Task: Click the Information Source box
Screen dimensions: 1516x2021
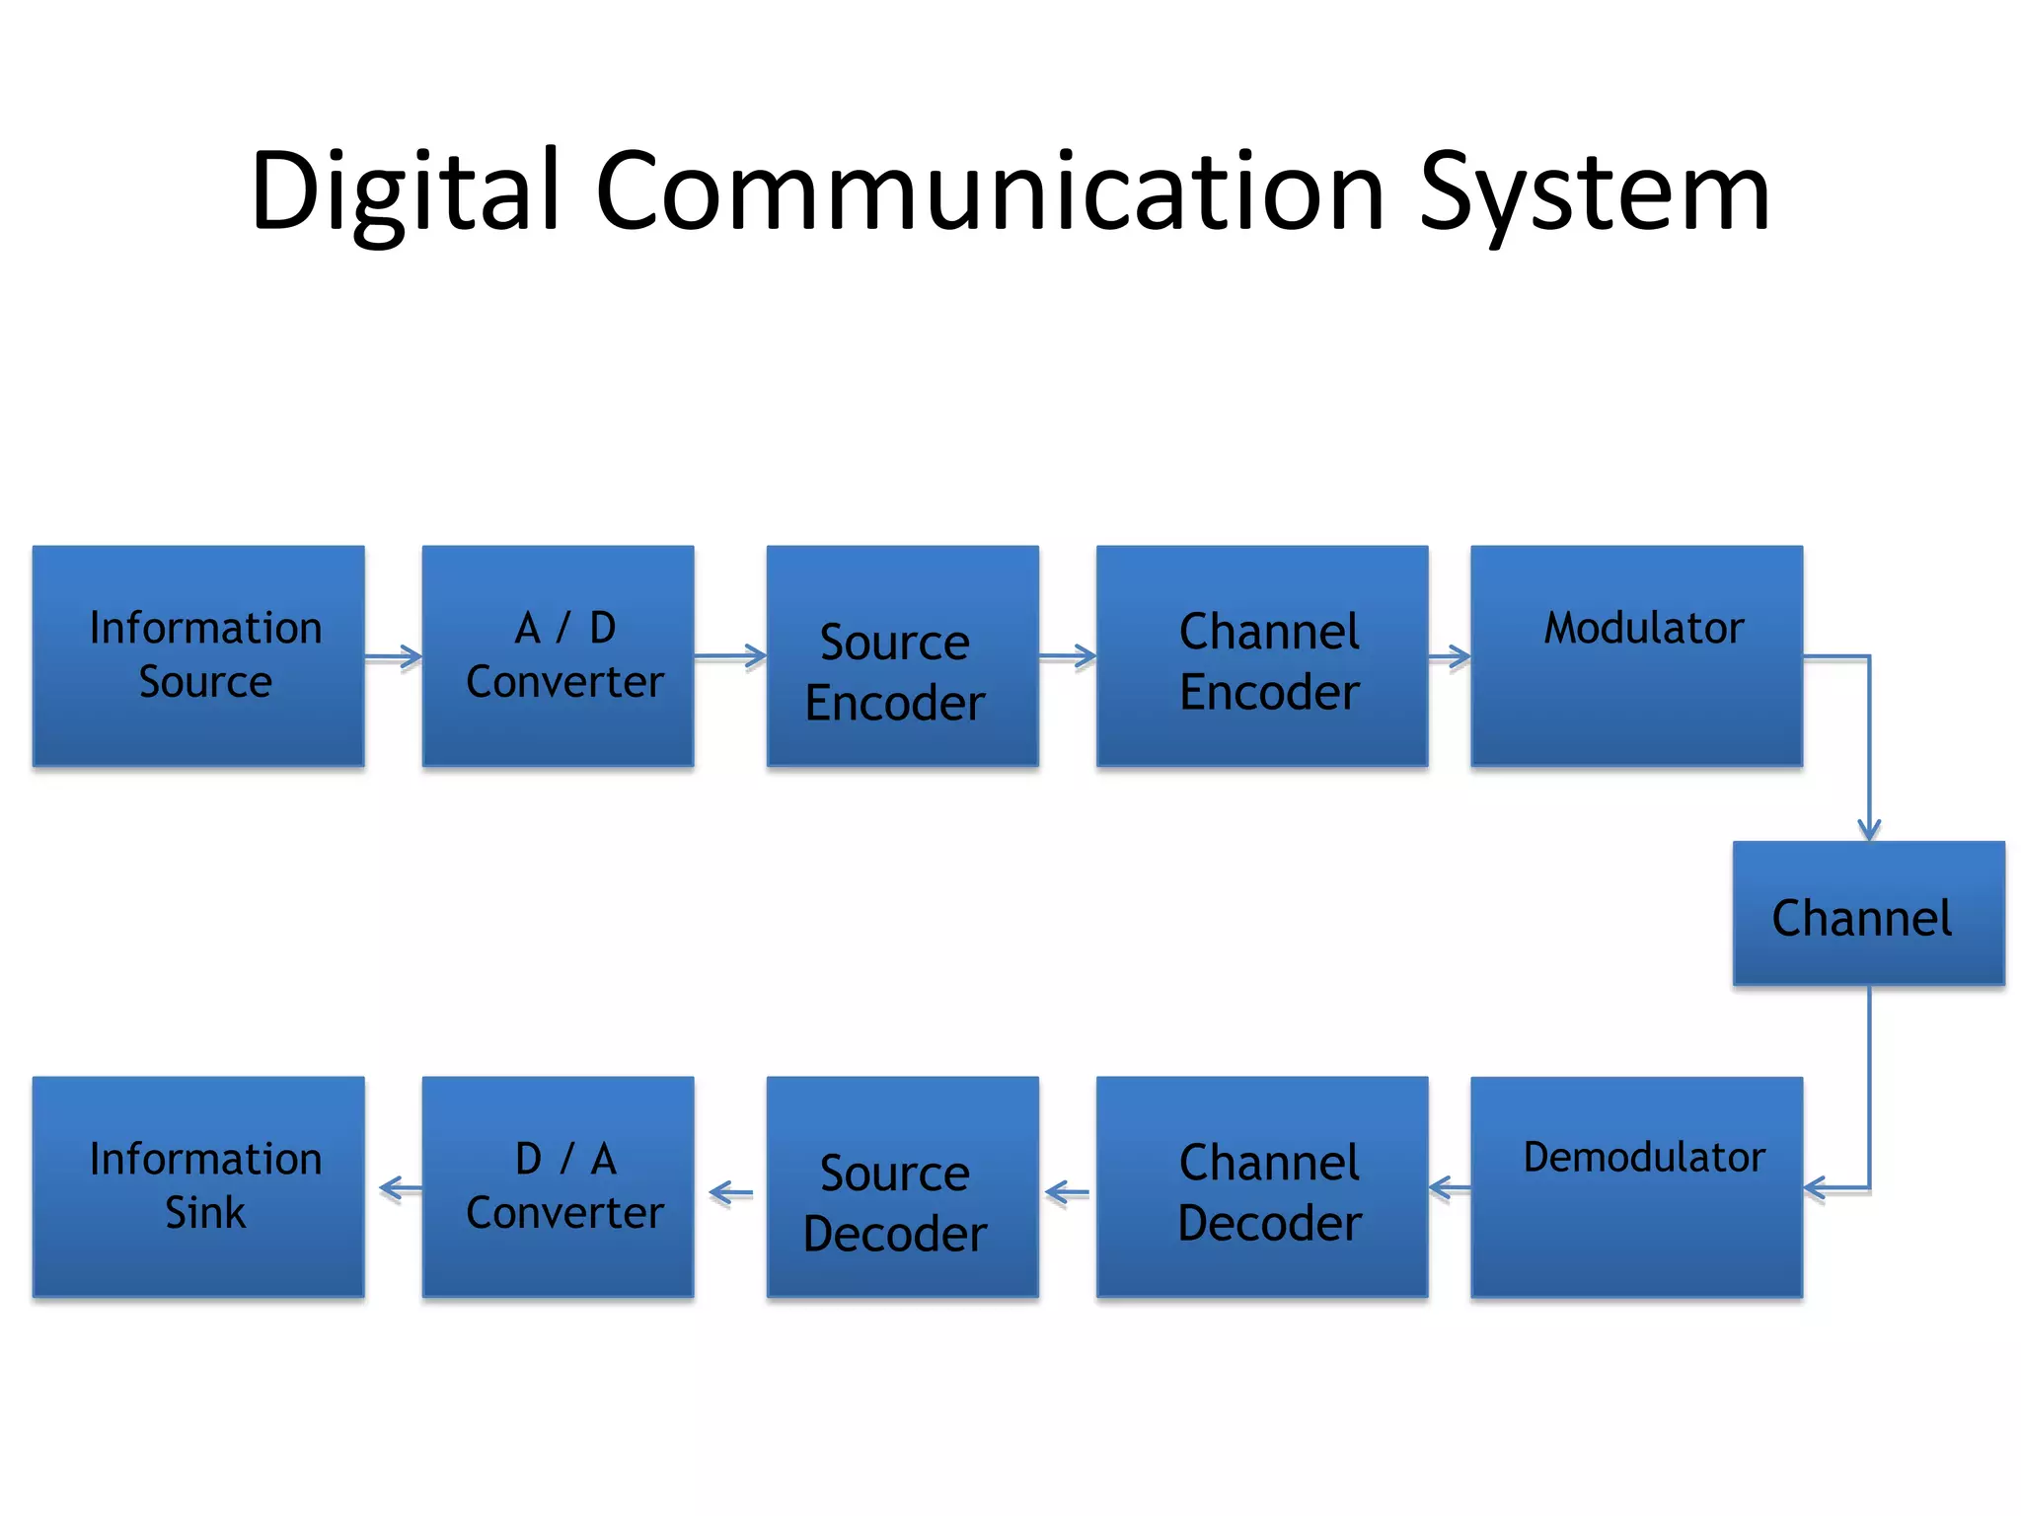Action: pos(198,655)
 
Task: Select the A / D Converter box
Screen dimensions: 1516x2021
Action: pos(558,655)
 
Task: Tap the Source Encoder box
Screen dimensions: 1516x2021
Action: pos(902,655)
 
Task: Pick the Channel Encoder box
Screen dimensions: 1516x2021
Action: pos(1262,655)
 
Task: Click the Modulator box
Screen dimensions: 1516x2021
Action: pos(1636,655)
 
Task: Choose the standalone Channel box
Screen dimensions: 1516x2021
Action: pos(1868,913)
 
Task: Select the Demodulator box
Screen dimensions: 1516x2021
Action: pos(1636,1186)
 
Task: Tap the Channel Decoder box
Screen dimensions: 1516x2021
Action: pos(1262,1186)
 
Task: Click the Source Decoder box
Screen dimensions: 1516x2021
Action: pos(902,1186)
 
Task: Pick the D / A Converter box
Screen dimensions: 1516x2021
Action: pos(558,1186)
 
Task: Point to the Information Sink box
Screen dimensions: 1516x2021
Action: pos(198,1186)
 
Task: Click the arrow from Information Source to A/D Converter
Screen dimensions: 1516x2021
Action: pos(394,656)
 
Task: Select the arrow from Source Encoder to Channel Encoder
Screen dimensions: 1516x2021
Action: pos(1068,656)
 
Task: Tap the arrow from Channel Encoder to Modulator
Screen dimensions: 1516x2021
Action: pos(1450,656)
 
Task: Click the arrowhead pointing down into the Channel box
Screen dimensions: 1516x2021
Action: pos(1869,827)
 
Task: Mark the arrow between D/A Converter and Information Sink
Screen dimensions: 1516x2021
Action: pos(400,1188)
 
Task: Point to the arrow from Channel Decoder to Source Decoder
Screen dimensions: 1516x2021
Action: pos(1067,1193)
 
